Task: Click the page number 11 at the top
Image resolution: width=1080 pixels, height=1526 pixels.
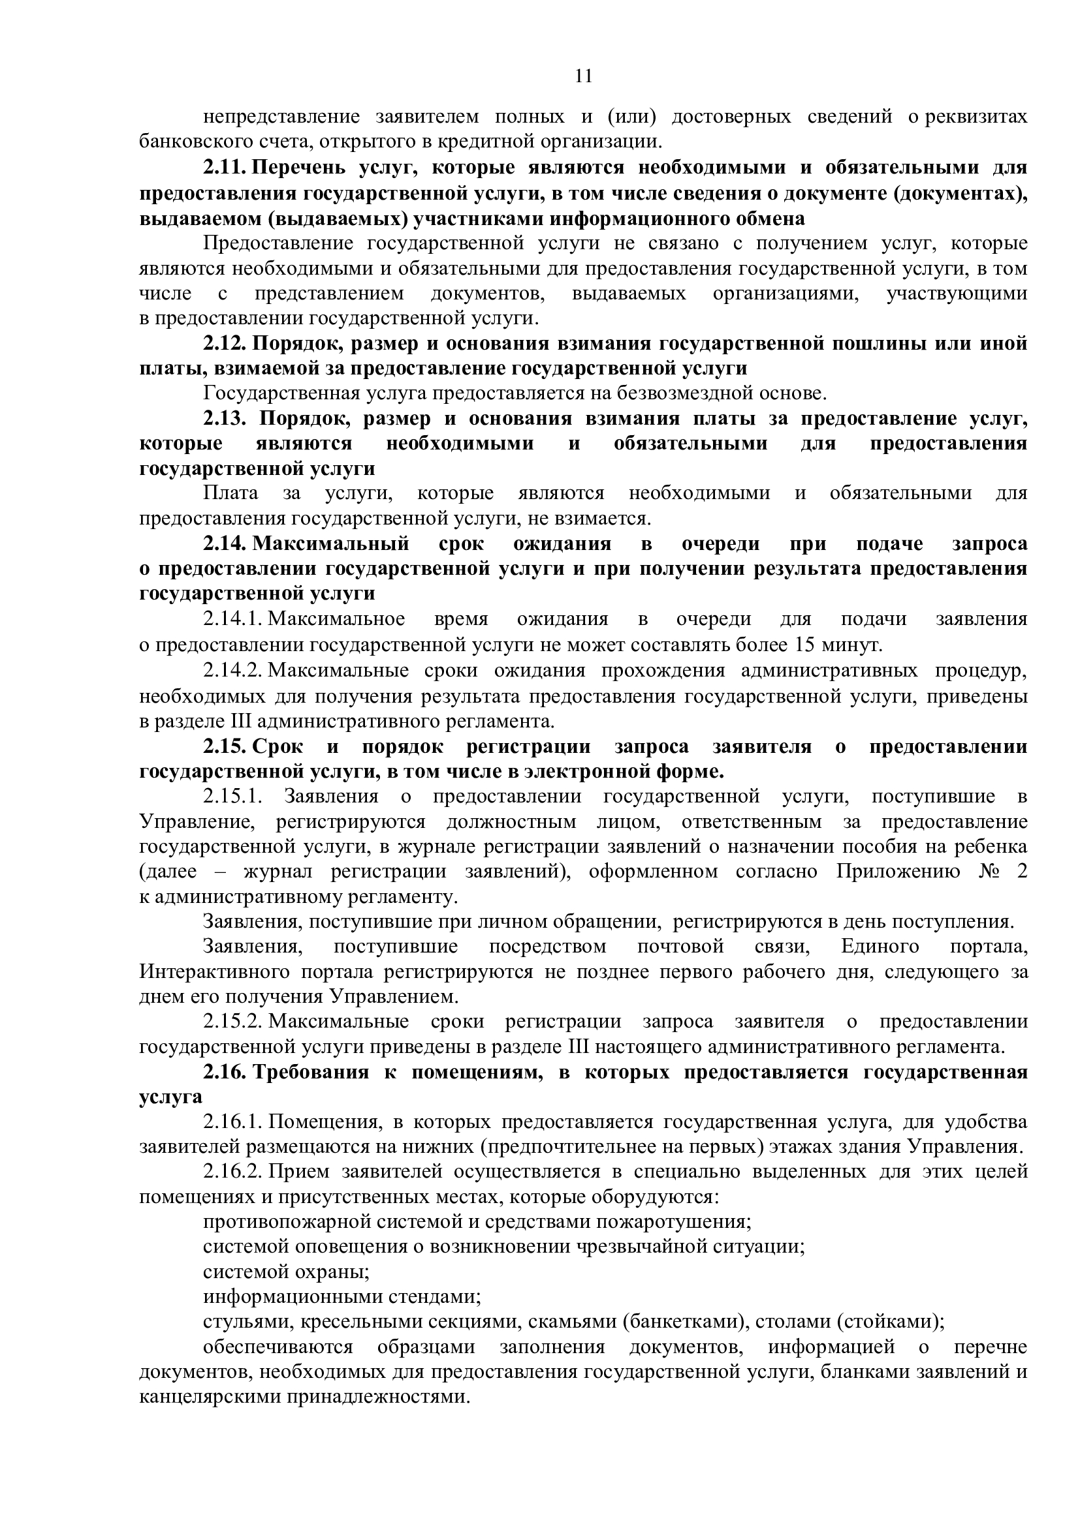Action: click(582, 76)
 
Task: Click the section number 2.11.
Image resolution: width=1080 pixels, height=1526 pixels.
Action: click(225, 168)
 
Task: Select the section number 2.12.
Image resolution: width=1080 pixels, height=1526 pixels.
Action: click(225, 344)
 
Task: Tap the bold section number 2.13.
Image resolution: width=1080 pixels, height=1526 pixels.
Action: click(225, 419)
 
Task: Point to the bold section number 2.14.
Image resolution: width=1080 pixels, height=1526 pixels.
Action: click(225, 543)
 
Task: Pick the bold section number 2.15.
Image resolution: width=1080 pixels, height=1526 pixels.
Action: click(225, 746)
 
